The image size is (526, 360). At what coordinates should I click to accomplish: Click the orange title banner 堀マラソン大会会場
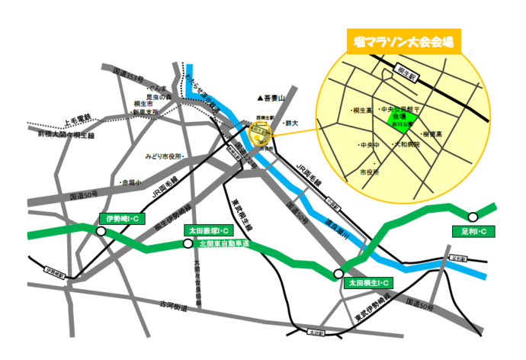point(399,41)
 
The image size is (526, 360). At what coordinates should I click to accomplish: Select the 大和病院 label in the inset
point(406,143)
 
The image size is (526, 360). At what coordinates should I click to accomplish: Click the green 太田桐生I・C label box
point(369,283)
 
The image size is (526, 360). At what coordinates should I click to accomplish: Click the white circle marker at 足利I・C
point(473,217)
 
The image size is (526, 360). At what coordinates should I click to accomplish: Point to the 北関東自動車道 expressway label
point(225,244)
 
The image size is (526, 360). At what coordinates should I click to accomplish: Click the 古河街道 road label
point(173,306)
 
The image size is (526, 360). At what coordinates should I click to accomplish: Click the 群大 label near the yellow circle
point(290,122)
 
